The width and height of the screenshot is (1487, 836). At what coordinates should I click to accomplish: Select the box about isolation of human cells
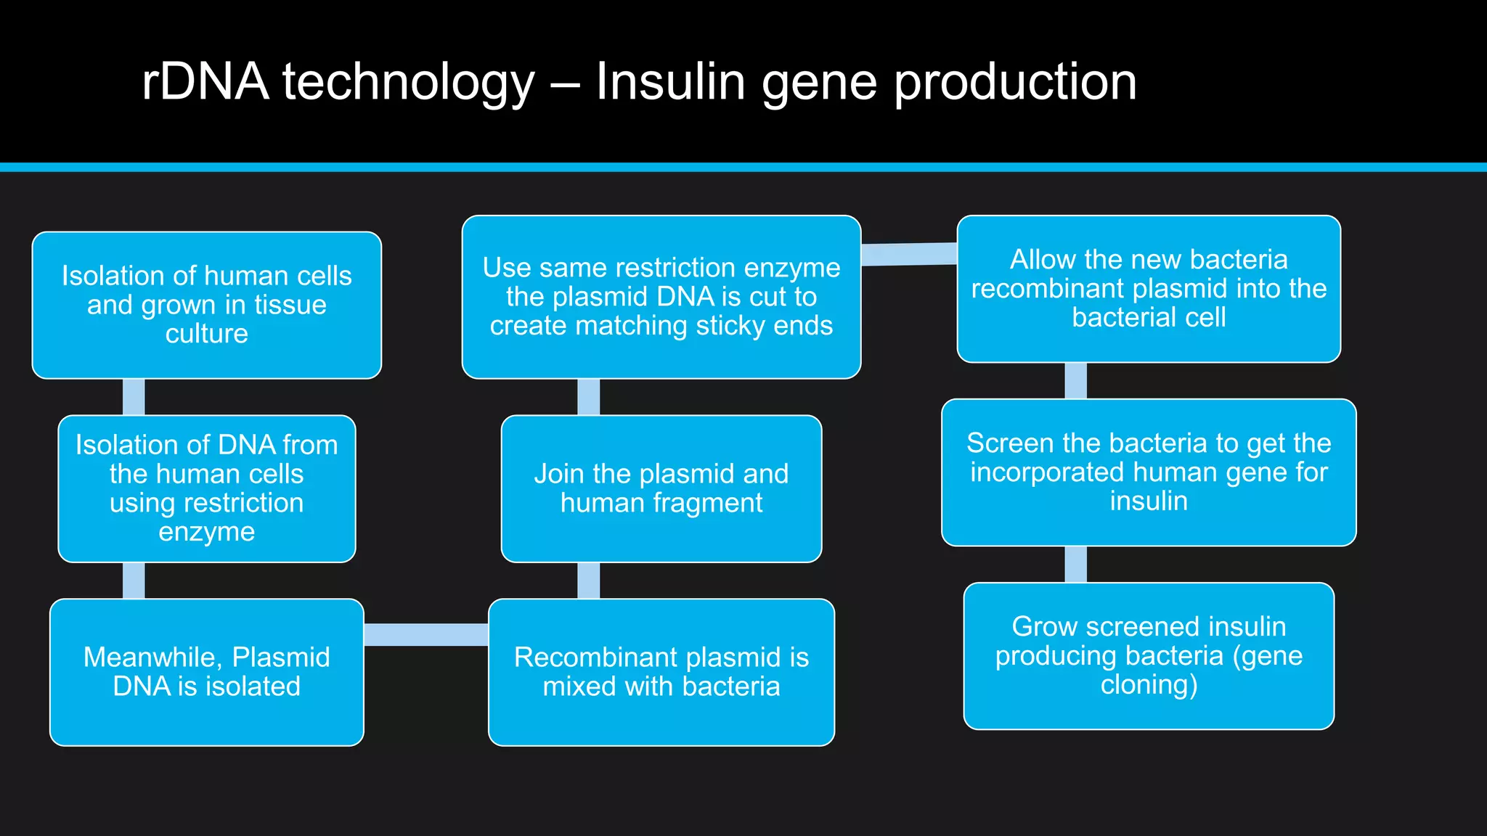(206, 305)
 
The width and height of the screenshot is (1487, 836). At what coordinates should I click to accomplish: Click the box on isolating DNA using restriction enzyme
(206, 488)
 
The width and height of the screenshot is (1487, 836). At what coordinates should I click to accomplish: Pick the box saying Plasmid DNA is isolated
(206, 672)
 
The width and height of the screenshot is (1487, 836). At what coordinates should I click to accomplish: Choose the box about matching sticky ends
(661, 297)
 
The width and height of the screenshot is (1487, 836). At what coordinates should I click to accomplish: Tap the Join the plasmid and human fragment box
(661, 488)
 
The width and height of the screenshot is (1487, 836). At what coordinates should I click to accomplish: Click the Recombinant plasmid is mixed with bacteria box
(661, 672)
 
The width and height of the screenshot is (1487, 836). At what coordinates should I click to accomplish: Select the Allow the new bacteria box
(1148, 289)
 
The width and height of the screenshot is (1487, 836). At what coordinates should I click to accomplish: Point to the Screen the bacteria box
(1148, 472)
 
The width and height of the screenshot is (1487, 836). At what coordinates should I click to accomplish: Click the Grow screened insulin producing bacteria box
(1148, 656)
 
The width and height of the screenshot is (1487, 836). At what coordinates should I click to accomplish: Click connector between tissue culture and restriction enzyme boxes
(134, 397)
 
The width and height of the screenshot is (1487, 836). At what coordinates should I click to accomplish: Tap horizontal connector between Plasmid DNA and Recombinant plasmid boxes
(426, 634)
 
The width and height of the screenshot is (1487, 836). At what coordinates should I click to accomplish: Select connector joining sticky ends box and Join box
(589, 397)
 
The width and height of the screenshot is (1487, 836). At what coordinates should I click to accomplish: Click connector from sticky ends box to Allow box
(909, 254)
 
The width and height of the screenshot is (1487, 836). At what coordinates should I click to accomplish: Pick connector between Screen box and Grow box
(1075, 564)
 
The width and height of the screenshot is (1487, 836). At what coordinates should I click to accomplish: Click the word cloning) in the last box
(1148, 685)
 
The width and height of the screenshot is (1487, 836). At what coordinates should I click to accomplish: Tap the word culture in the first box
(206, 334)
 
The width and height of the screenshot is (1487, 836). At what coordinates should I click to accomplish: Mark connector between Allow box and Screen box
(1075, 380)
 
